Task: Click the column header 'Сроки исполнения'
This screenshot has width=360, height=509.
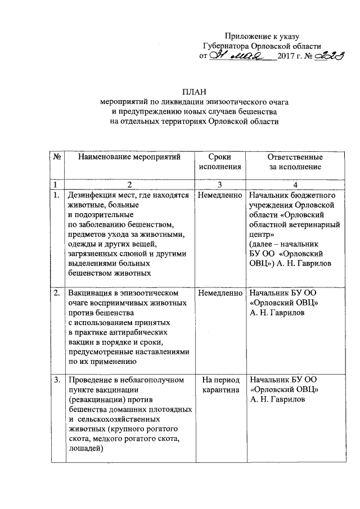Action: [219, 161]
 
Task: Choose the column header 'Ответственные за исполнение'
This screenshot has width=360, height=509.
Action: [295, 161]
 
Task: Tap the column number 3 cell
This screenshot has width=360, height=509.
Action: [219, 184]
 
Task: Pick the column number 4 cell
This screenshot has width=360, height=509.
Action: [295, 184]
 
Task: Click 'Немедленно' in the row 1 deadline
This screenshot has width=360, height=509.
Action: [219, 195]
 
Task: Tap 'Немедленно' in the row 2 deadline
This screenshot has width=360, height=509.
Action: [219, 293]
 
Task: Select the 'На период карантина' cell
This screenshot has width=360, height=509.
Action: [219, 385]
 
